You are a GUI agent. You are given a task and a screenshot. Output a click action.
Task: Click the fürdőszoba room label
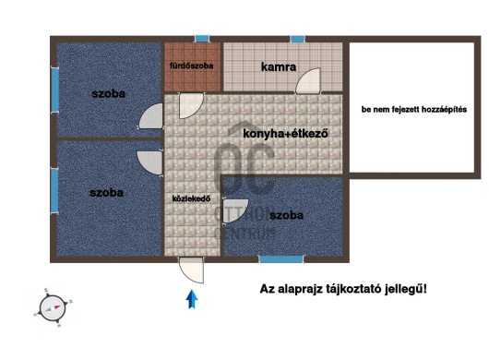point(192,66)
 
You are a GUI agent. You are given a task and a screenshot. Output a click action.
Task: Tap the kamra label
point(278,67)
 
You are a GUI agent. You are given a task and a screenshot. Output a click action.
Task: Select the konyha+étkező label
point(286,134)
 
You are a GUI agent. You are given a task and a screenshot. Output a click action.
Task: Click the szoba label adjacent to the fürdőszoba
point(108,94)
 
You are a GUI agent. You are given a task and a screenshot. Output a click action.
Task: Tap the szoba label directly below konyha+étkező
point(287,215)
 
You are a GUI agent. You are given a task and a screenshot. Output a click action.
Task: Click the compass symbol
point(50,307)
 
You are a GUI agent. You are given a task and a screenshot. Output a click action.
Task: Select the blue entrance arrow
point(192,299)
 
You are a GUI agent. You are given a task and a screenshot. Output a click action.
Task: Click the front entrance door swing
point(192,270)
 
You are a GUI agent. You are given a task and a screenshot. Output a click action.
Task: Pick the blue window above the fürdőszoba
point(202,38)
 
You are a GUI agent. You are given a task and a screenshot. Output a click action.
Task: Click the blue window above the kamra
point(297,38)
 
